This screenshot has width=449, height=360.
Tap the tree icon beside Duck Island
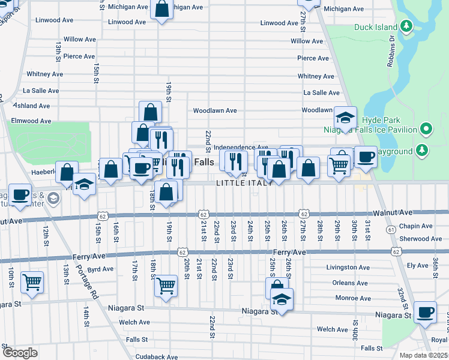[407, 26]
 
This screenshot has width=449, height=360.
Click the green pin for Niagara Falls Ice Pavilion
[426, 129]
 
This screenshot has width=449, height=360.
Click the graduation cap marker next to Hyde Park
[345, 118]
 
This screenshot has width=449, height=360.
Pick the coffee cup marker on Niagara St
[426, 313]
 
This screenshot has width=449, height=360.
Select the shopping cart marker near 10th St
[32, 281]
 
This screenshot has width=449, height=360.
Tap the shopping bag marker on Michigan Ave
[161, 9]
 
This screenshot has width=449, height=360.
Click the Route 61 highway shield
[391, 229]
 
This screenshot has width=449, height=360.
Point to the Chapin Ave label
[415, 227]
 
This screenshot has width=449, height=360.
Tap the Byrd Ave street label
[101, 269]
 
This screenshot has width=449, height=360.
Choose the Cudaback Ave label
[157, 356]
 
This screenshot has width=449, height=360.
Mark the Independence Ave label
[241, 147]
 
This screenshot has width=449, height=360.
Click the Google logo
[20, 353]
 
